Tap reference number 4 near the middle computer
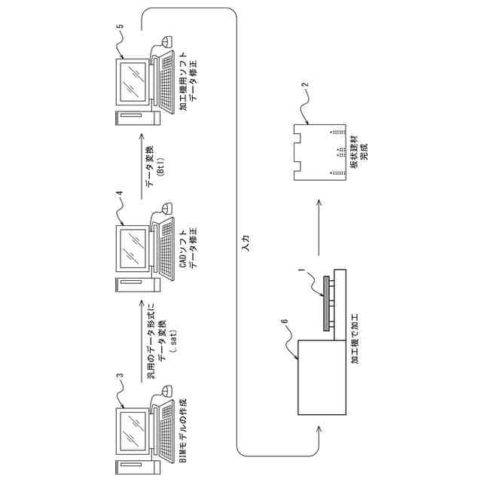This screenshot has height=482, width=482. pos(118,194)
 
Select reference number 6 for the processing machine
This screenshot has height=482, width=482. pos(284,322)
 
